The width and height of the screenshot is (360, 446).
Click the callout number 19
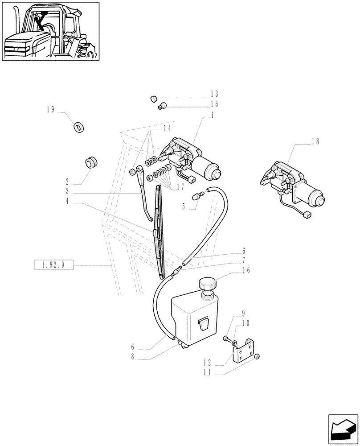(x=50, y=109)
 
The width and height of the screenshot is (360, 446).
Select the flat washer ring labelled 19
(x=79, y=128)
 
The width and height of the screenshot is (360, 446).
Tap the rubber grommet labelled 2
(x=91, y=162)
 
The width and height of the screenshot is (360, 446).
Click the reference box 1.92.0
(x=53, y=264)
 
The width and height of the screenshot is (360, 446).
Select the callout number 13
(x=214, y=94)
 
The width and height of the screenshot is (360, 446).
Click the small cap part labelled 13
(x=153, y=98)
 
